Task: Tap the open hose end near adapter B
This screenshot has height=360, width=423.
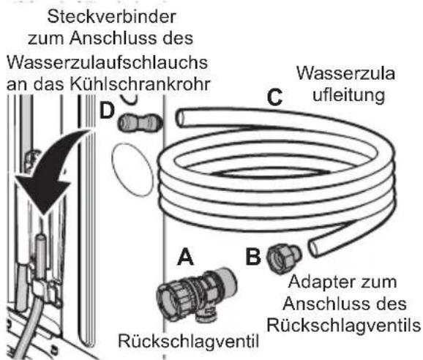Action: [316, 248]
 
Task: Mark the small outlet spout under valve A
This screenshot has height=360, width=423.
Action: [206, 314]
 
